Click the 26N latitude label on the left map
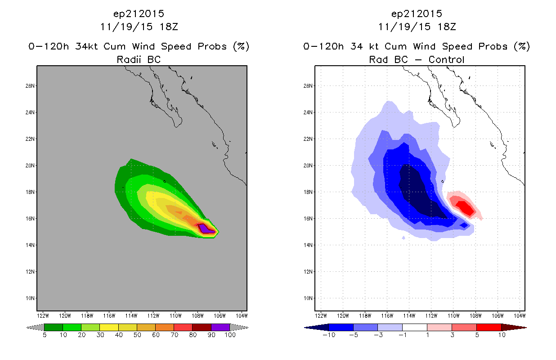click(x=30, y=86)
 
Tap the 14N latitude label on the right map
click(x=308, y=245)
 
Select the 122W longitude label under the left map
click(x=43, y=316)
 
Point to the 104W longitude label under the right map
click(x=520, y=316)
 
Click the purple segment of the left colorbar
click(x=220, y=327)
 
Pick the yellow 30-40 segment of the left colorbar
click(x=109, y=327)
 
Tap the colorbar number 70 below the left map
click(x=174, y=335)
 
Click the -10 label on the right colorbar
click(x=329, y=335)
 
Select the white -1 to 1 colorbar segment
click(x=414, y=327)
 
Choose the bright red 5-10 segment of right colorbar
click(x=489, y=327)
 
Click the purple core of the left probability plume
click(x=205, y=229)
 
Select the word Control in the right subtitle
click(x=446, y=59)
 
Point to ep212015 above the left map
click(x=139, y=13)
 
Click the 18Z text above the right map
click(x=447, y=27)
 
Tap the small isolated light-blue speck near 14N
click(x=404, y=238)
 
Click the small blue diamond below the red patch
click(x=464, y=225)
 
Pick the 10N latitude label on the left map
click(x=30, y=298)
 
